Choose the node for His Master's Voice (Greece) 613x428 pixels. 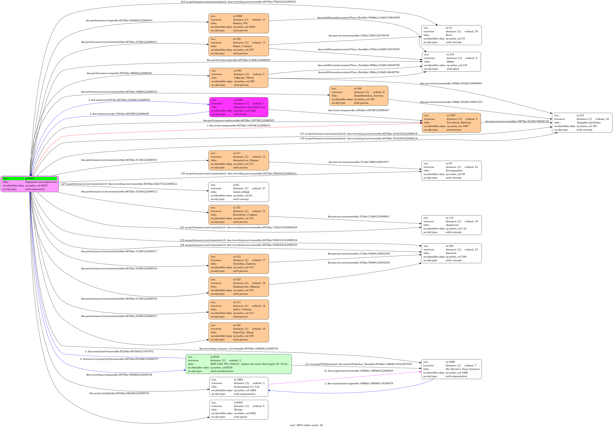(x=451, y=369)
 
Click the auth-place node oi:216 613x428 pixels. (x=451, y=62)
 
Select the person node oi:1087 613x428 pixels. (x=451, y=123)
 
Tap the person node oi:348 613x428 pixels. (x=359, y=96)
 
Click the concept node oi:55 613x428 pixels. (x=451, y=35)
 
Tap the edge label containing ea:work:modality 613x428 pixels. (x=119, y=393)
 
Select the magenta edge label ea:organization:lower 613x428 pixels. (x=359, y=371)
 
